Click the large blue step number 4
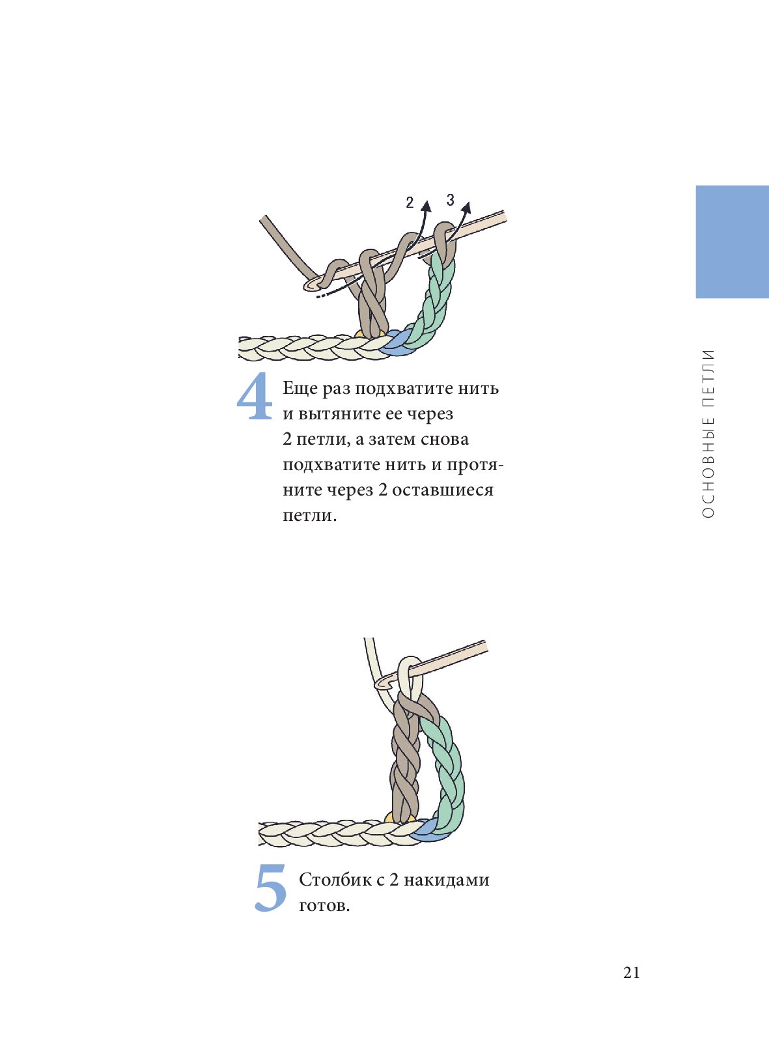[255, 396]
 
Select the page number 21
[632, 973]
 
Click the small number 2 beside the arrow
[410, 203]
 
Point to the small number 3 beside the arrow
[451, 201]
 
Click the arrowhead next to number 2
[426, 206]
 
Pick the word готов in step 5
[322, 906]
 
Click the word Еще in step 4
[300, 389]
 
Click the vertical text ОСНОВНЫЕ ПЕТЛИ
[708, 434]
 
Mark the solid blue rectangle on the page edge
[732, 242]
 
